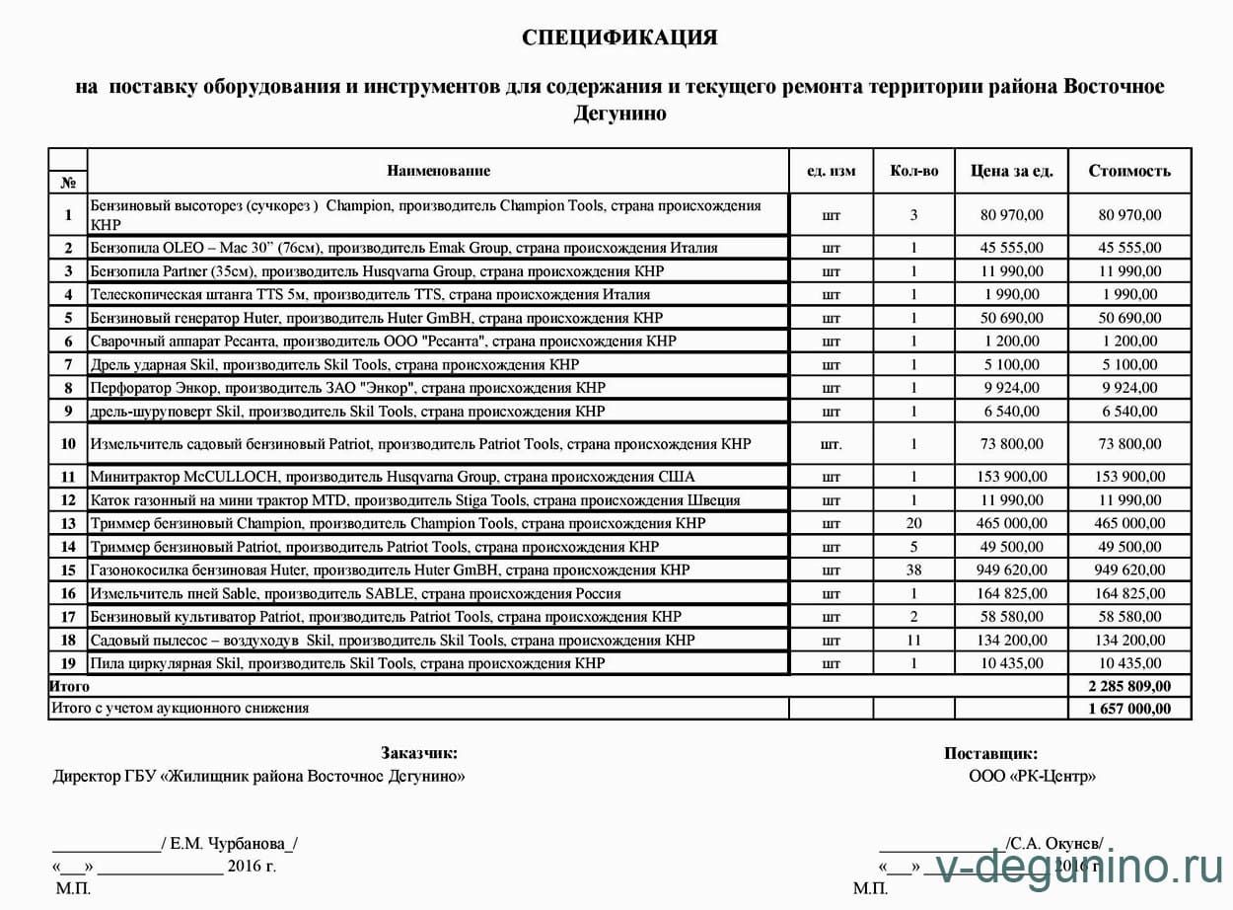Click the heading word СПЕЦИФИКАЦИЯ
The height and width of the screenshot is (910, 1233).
619,38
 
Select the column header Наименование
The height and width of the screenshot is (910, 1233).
438,171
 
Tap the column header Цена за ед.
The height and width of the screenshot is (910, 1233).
1011,171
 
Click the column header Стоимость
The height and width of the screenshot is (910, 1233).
1129,171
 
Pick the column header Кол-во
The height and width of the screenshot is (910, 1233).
913,171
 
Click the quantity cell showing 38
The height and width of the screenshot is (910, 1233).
913,570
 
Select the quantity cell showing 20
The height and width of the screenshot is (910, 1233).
913,523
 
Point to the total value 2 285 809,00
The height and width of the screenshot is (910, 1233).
1129,686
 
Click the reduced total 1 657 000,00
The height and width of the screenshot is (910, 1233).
1129,709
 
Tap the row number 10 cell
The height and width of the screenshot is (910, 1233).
68,444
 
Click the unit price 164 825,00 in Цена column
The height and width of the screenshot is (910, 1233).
1011,594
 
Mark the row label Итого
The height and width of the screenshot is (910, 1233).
69,686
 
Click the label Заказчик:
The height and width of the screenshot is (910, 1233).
418,754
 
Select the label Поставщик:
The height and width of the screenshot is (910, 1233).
989,754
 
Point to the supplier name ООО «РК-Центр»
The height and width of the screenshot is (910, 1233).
1032,777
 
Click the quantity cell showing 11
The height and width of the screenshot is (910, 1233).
913,641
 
